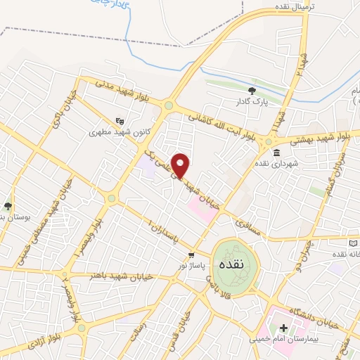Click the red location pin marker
(181, 165)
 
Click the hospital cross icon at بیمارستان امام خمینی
(283, 328)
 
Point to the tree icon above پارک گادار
(252, 90)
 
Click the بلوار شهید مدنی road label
(123, 91)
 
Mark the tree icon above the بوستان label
(8, 206)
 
